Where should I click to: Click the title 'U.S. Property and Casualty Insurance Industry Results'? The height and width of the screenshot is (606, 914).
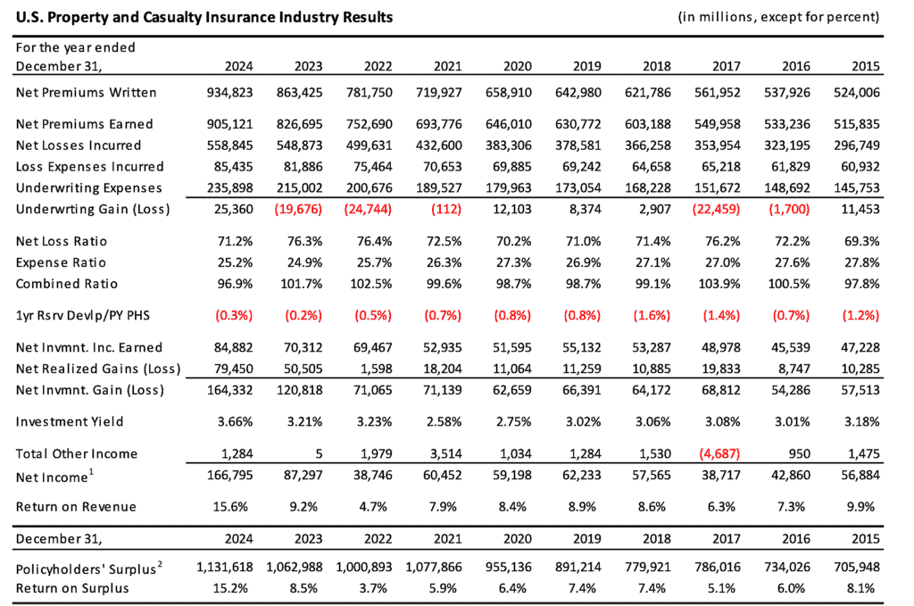[203, 17]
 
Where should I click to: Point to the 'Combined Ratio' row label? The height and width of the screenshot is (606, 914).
[71, 284]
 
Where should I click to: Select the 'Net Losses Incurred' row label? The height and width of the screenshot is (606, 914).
[78, 145]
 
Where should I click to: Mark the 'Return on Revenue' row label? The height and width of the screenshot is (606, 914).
[76, 507]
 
